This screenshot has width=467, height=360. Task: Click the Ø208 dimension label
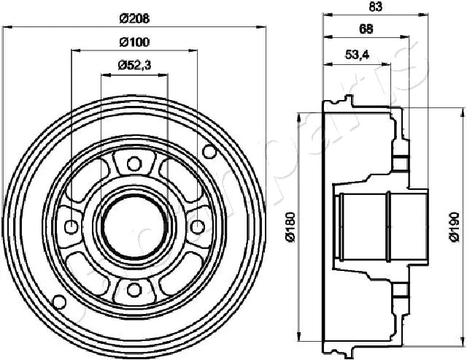pos(133,17)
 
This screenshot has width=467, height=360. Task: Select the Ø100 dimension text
pos(133,41)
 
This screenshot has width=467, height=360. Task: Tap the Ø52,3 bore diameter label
pos(133,65)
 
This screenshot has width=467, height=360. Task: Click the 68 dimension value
pos(367,29)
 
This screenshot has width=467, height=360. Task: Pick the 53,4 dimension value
pos(356,54)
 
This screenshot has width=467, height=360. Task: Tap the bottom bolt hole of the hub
pos(133,290)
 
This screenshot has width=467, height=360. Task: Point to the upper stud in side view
pos(400,158)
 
